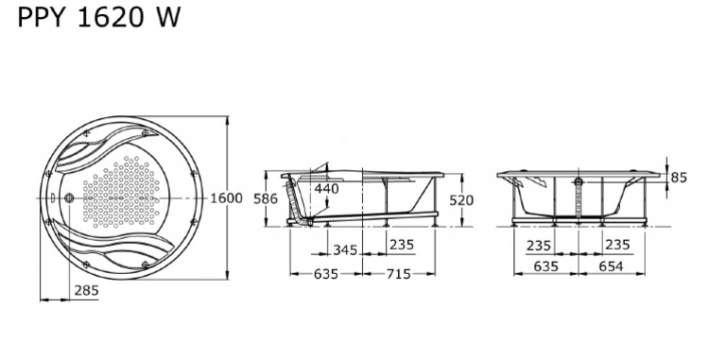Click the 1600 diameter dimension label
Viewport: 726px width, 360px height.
(227, 198)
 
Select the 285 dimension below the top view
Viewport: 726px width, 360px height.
(87, 291)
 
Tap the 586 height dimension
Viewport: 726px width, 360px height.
(266, 198)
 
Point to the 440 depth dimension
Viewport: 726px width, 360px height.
(327, 188)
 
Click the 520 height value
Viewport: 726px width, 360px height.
(461, 200)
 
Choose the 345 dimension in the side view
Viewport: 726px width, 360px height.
(345, 250)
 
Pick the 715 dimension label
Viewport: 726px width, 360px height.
(398, 274)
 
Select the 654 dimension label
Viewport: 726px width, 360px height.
(611, 266)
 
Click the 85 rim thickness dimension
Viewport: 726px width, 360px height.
(679, 178)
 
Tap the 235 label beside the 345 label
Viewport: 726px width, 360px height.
(402, 245)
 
